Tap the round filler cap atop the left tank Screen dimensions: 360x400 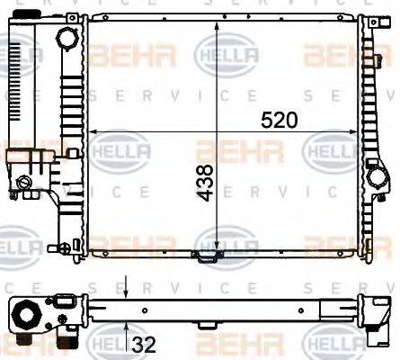pos(67,40)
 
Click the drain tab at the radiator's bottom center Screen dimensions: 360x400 pos(209,257)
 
